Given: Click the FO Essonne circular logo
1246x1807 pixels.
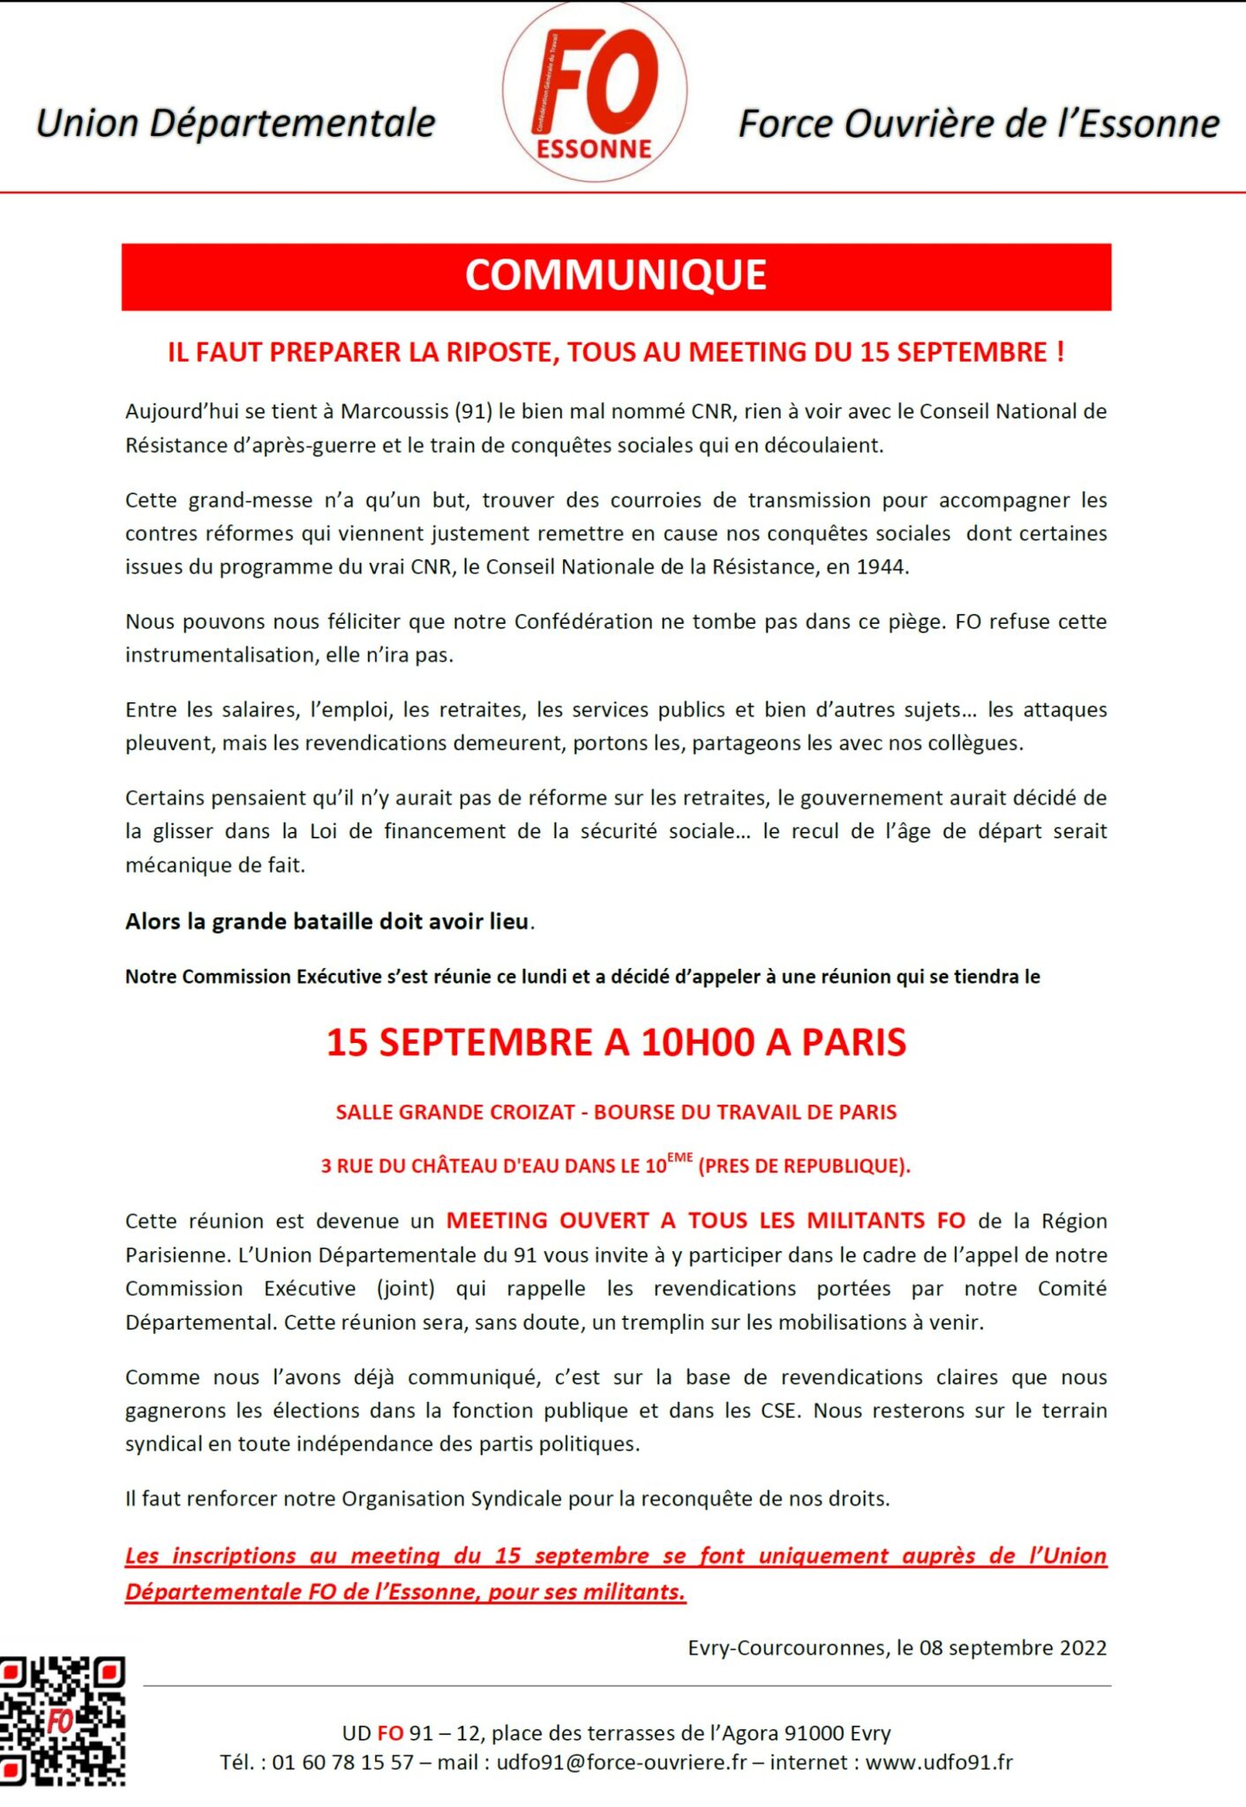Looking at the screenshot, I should coord(595,93).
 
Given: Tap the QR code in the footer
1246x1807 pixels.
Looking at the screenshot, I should coord(62,1721).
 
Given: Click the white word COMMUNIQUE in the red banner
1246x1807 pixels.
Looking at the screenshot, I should coord(616,275).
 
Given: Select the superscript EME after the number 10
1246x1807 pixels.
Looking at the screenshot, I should coord(679,1158).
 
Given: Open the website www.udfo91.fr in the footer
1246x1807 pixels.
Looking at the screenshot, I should coord(939,1762).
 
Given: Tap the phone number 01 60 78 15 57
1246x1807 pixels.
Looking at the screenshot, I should coord(342,1762).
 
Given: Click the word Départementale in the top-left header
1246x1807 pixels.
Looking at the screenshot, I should coord(292,124).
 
